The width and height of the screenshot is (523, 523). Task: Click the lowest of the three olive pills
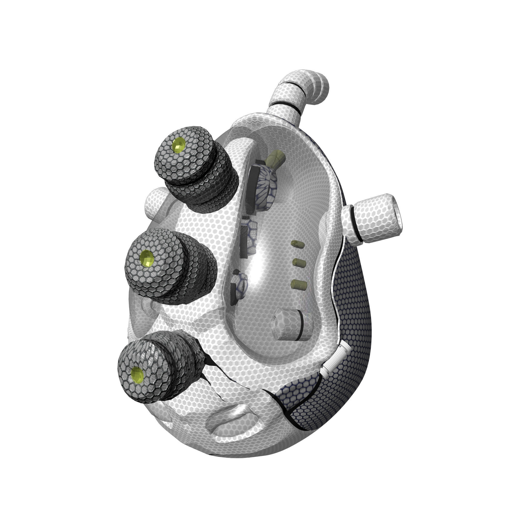click(x=299, y=284)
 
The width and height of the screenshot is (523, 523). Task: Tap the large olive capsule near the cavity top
click(x=275, y=160)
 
